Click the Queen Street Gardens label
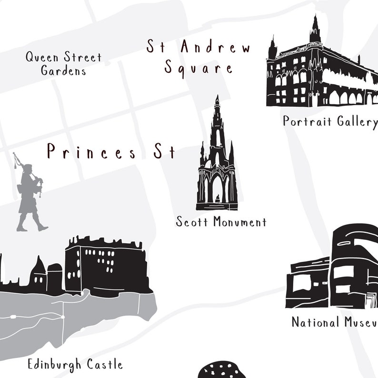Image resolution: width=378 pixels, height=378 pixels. tap(63, 64)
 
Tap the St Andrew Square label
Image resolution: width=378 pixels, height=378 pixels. tap(199, 58)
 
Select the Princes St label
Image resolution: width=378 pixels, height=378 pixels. tap(111, 152)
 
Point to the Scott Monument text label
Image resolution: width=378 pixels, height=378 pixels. tap(221, 222)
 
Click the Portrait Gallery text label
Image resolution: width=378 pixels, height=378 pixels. tap(330, 121)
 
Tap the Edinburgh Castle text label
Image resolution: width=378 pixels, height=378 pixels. tap(75, 365)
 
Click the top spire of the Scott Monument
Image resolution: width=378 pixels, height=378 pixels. tap(217, 101)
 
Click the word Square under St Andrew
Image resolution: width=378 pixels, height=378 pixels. tap(199, 68)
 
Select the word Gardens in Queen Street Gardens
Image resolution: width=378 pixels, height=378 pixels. tap(63, 71)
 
